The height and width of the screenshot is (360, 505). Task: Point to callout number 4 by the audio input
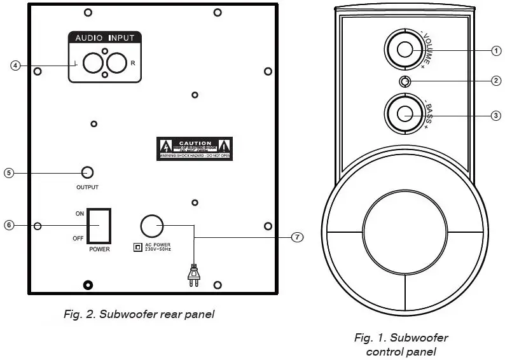(x=15, y=65)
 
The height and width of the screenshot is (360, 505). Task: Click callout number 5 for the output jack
(x=8, y=172)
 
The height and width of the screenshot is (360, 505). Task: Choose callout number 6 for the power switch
(x=8, y=225)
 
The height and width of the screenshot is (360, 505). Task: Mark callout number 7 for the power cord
(x=296, y=237)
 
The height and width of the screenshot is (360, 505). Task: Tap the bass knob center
(x=405, y=114)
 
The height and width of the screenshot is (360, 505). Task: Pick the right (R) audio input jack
(x=116, y=64)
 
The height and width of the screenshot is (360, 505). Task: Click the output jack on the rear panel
(x=88, y=172)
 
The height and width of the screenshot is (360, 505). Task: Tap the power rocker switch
(x=99, y=226)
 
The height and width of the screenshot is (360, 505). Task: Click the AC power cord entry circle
(x=151, y=226)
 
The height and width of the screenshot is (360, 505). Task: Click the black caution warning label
(x=195, y=148)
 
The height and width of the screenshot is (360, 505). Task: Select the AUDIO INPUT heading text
(x=105, y=38)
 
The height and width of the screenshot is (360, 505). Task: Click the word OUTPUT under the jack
(x=88, y=188)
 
